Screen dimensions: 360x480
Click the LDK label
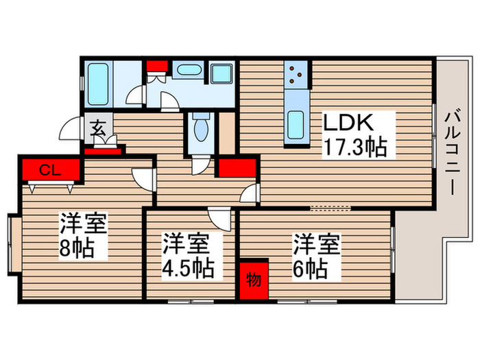pos(348,124)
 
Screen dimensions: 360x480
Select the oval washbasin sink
pos(186,71)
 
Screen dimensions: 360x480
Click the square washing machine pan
pos(221,74)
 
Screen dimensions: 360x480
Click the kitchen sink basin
pos(297,123)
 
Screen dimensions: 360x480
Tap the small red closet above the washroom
pos(156,67)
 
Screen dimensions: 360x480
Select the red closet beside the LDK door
pos(237,166)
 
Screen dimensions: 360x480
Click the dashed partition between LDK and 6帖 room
pos(330,206)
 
